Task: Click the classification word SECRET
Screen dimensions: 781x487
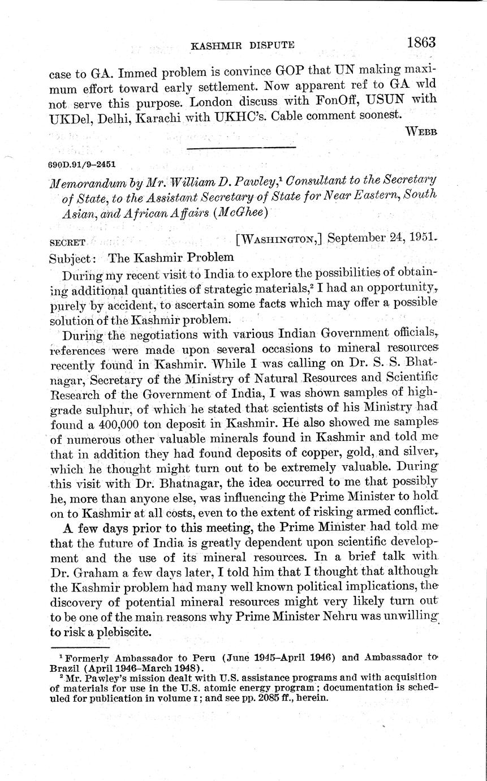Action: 67,242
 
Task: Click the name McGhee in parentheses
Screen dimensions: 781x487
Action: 232,213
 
